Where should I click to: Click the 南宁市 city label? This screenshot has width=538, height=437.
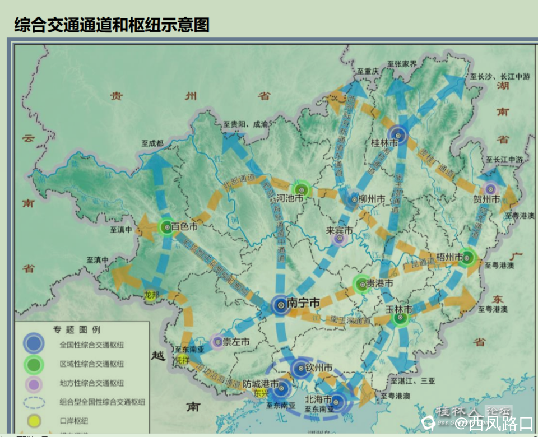point(303,303)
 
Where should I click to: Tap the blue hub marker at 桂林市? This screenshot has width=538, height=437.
point(398,134)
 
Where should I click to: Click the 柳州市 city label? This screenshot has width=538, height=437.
point(372,199)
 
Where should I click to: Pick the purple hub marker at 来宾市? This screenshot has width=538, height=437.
point(338,239)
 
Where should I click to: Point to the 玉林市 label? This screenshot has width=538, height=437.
point(398,309)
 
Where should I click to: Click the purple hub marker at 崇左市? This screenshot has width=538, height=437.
point(217,341)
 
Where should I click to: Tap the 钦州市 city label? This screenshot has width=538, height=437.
point(319,368)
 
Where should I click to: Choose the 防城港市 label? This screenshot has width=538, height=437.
point(261,384)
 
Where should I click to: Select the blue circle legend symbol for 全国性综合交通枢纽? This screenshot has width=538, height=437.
point(34,343)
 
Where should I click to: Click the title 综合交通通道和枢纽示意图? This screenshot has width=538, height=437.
point(112,24)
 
